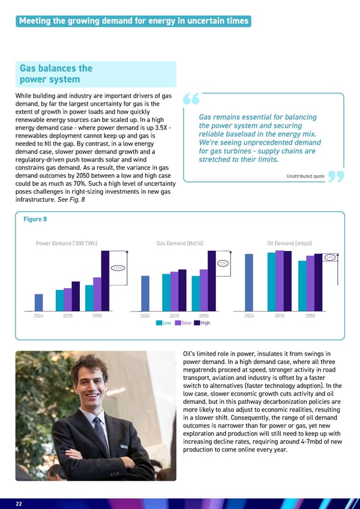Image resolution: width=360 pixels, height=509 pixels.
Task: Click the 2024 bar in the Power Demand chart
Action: coord(38,303)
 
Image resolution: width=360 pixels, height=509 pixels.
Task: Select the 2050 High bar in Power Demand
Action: coord(105,281)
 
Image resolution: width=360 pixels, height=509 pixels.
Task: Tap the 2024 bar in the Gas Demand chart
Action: coord(145,293)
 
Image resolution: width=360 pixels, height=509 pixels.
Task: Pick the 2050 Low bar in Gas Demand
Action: coord(196,293)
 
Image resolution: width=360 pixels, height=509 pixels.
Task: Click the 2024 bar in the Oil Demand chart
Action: coord(249,282)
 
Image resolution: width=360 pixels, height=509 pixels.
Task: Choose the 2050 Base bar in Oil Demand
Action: coord(310,283)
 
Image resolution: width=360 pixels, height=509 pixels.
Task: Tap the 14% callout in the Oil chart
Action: coord(329,258)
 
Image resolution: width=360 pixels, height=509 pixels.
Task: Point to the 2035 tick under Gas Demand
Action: coord(174,315)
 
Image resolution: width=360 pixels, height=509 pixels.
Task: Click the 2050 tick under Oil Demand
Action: coord(310,315)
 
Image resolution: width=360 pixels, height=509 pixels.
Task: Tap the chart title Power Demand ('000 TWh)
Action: coord(67,243)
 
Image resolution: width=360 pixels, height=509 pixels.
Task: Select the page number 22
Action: coord(19,504)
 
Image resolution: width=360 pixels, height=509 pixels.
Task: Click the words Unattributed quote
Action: coord(306,176)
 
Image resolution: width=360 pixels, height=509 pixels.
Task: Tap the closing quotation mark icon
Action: coord(337,177)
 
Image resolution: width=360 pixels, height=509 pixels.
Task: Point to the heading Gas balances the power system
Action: coord(56,74)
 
